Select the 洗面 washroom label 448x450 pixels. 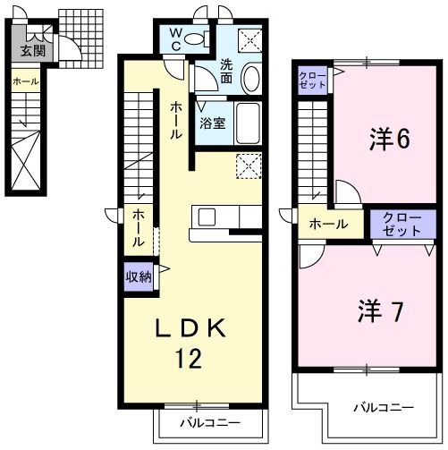pyautogui.click(x=227, y=71)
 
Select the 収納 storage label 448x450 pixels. pyautogui.click(x=139, y=276)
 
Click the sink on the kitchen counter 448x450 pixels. pyautogui.click(x=207, y=217)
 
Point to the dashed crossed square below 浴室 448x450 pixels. pyautogui.click(x=248, y=166)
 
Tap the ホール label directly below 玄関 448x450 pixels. pyautogui.click(x=25, y=81)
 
